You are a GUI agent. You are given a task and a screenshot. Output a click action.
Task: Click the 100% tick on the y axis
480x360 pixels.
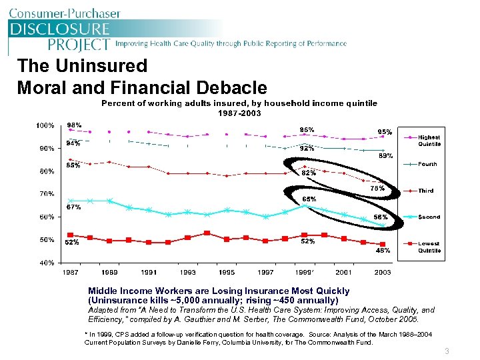pyautogui.click(x=45, y=125)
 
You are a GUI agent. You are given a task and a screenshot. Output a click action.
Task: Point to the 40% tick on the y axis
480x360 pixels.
pyautogui.click(x=45, y=263)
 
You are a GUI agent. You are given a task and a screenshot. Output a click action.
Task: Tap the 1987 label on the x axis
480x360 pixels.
pyautogui.click(x=71, y=273)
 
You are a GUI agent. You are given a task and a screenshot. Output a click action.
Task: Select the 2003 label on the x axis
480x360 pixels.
pyautogui.click(x=383, y=273)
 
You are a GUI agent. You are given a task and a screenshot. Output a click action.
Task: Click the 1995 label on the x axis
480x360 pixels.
pyautogui.click(x=227, y=273)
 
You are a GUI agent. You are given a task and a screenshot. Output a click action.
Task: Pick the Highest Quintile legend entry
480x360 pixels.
pyautogui.click(x=429, y=140)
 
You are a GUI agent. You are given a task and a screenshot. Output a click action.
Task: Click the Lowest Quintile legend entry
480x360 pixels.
pyautogui.click(x=429, y=247)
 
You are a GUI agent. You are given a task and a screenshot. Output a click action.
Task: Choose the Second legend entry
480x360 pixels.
pyautogui.click(x=429, y=217)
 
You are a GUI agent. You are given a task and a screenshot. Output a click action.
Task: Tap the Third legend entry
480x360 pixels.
pyautogui.click(x=425, y=191)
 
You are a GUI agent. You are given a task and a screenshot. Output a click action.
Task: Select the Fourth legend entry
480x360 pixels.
pyautogui.click(x=427, y=163)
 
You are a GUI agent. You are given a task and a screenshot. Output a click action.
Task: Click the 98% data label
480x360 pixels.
pyautogui.click(x=74, y=125)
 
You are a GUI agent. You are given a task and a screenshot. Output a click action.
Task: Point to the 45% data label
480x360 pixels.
pyautogui.click(x=383, y=251)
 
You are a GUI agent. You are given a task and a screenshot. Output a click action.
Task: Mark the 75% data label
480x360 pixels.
pyautogui.click(x=378, y=189)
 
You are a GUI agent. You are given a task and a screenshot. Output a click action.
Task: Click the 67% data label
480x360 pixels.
pyautogui.click(x=73, y=207)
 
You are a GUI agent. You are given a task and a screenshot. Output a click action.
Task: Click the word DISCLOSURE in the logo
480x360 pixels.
pyautogui.click(x=59, y=29)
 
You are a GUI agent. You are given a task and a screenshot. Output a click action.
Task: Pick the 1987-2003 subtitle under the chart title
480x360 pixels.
pyautogui.click(x=239, y=113)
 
